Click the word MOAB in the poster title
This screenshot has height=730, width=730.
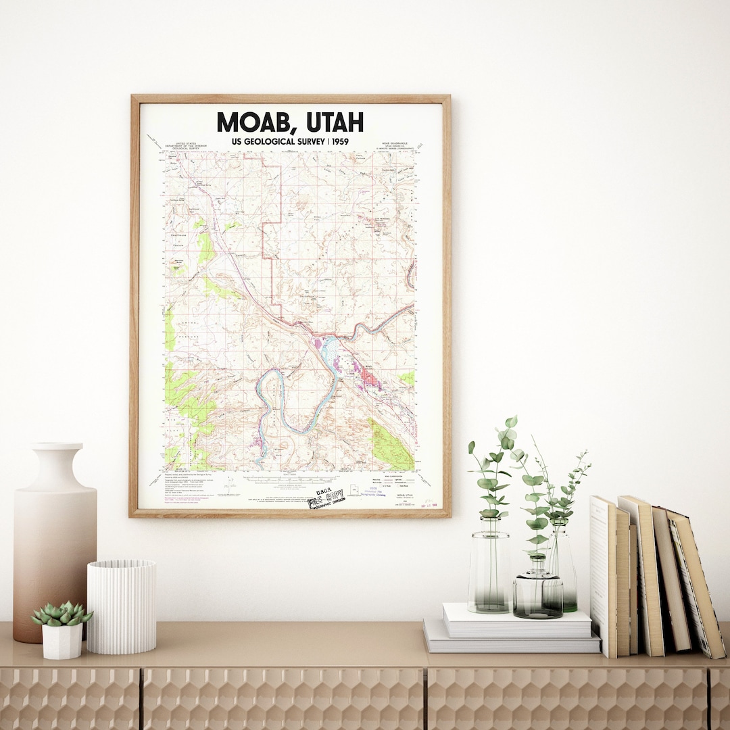point(258,122)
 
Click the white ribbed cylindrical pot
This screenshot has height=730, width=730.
point(122,606)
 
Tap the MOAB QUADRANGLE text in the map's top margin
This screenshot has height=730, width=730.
point(395,144)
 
